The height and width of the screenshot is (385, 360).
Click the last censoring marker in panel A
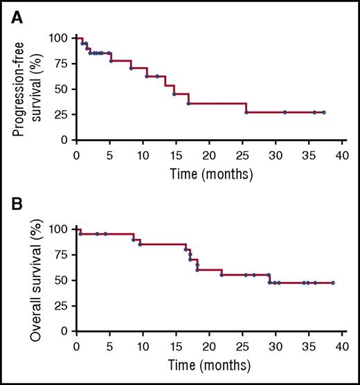tap(324, 112)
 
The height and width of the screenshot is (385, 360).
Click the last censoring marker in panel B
tap(333, 283)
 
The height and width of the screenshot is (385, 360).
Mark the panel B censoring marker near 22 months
tap(222, 275)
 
